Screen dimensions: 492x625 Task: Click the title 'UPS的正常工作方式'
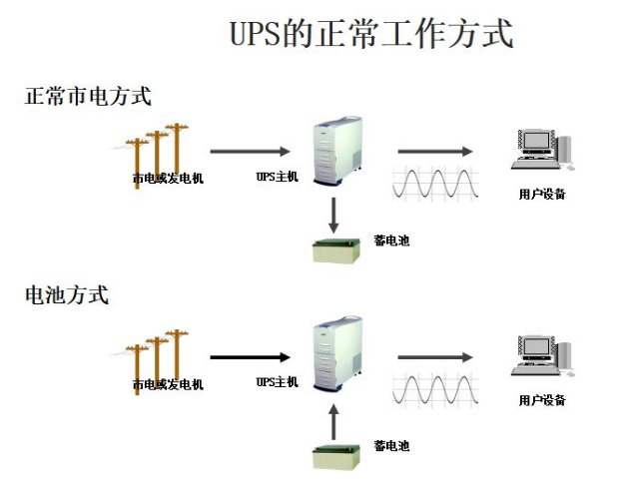[371, 34]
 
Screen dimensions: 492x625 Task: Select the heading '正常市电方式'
[88, 97]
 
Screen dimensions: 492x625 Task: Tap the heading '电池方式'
[67, 295]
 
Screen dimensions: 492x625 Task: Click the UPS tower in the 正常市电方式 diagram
[337, 153]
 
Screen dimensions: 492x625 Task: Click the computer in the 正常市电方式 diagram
[542, 152]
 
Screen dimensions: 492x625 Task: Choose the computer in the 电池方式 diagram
[542, 358]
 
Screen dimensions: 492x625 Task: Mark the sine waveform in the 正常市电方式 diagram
[435, 183]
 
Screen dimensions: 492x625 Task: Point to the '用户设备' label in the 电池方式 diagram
[542, 400]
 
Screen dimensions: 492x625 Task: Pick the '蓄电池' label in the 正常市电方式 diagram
[391, 241]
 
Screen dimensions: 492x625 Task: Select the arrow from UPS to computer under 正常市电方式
[435, 152]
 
